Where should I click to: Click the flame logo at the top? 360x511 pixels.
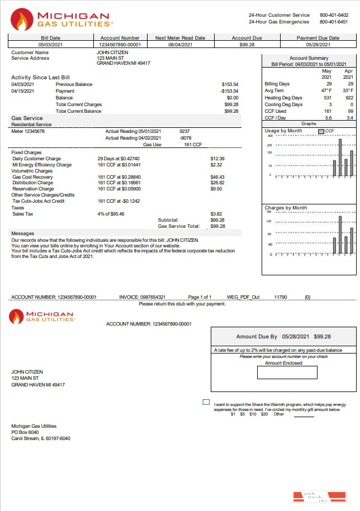tap(22, 20)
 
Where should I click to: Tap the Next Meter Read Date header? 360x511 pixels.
tap(180, 38)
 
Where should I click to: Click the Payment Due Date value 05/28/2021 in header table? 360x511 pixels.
tap(318, 44)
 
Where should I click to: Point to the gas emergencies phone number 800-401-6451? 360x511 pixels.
tap(333, 22)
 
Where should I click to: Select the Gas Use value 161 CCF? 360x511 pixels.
tap(193, 145)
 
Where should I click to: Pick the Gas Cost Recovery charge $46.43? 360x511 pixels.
tap(217, 177)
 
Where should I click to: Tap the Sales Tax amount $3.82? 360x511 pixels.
tap(216, 214)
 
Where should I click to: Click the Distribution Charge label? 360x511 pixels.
tap(33, 183)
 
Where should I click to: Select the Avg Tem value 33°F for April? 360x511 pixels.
tap(348, 90)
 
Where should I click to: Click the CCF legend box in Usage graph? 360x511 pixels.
tap(321, 131)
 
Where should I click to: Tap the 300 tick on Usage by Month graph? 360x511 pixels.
tap(269, 136)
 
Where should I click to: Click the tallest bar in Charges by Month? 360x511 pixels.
tap(340, 235)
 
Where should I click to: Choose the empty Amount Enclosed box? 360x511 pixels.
tap(287, 372)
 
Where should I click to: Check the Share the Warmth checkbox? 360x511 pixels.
tap(206, 402)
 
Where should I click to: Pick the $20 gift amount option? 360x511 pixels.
tap(264, 414)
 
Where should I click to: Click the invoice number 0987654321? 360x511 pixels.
tap(151, 297)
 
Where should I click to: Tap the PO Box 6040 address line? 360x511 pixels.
tap(25, 432)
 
